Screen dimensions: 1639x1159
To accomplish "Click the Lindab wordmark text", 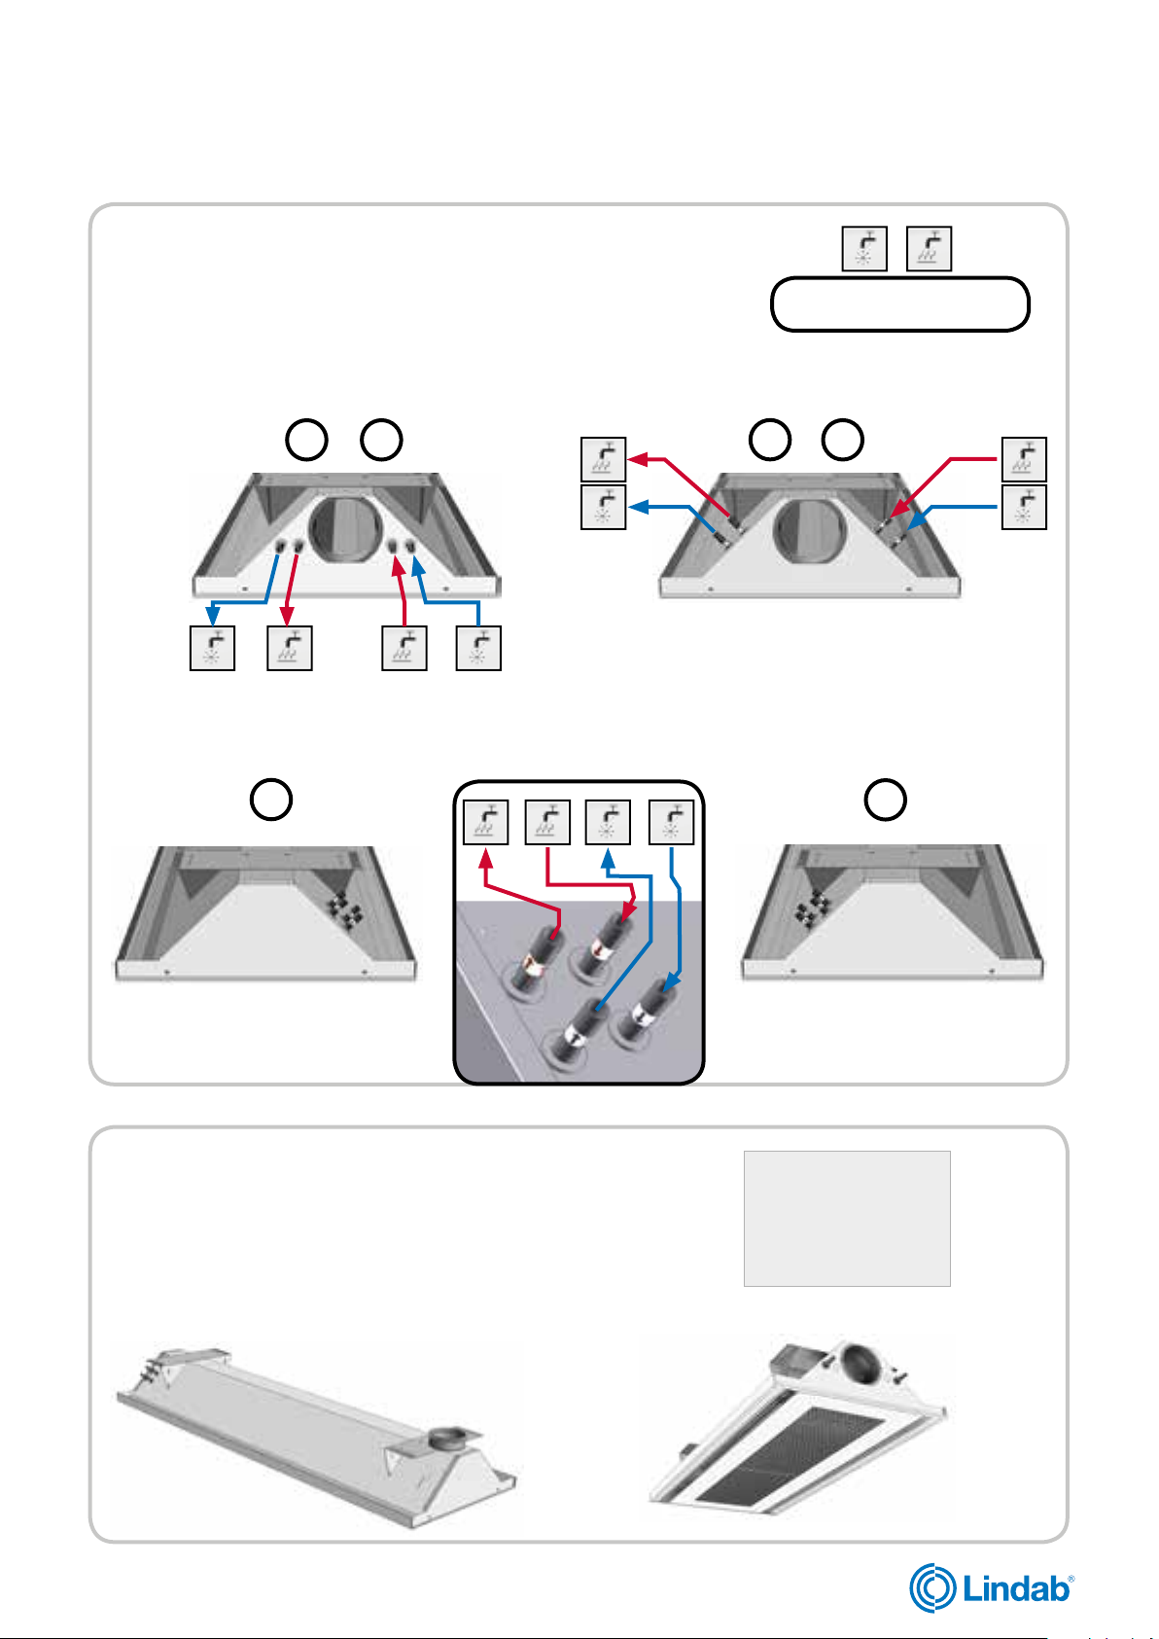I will coord(1017,1589).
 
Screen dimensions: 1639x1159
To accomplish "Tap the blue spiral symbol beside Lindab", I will coord(932,1587).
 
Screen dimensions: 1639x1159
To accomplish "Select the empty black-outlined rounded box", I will coord(899,304).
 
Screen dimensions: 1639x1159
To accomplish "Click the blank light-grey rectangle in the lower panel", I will coord(847,1219).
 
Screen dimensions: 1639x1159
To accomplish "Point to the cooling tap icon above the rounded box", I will coord(864,249).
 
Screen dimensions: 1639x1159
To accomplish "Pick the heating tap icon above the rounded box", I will coord(929,249).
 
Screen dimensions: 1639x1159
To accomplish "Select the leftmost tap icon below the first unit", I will coord(212,649).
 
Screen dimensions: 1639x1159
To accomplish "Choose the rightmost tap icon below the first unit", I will coord(478,649).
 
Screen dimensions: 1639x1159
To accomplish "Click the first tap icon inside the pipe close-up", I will coord(484,822).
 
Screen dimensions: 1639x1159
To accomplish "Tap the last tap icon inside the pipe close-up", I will coord(671,822).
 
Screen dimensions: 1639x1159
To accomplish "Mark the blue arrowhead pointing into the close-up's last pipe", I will coord(673,977).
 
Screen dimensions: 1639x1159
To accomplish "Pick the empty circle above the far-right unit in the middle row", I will coord(885,800).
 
